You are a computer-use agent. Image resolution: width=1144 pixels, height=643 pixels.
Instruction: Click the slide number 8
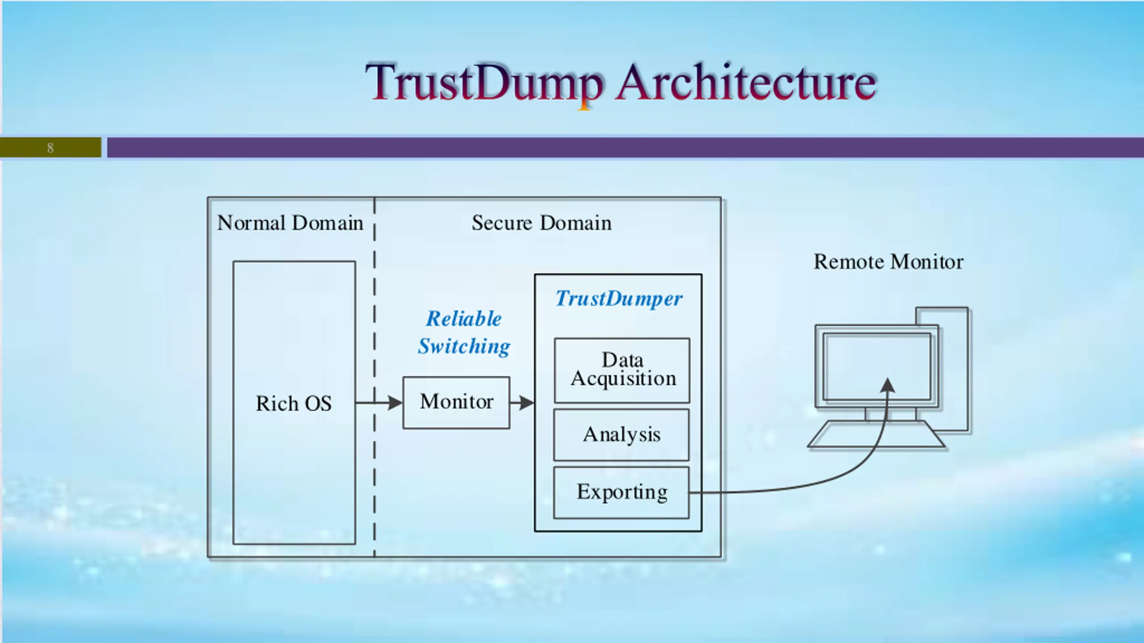click(50, 148)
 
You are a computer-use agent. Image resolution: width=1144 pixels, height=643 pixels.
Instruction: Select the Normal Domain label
click(290, 223)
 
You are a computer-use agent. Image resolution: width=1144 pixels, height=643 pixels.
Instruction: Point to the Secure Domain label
click(542, 223)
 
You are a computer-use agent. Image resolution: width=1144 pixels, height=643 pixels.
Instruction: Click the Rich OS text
click(294, 404)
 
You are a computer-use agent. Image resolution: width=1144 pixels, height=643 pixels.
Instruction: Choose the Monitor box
click(456, 403)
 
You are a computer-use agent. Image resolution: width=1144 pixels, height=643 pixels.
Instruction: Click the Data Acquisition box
click(622, 370)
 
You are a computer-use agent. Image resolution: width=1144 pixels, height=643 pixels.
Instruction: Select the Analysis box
click(622, 435)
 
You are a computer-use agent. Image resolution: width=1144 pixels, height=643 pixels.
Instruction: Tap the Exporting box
click(622, 493)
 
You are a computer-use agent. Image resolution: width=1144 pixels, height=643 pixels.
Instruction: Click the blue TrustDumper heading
click(619, 299)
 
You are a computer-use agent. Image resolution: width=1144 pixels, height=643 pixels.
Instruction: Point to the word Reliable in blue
click(464, 319)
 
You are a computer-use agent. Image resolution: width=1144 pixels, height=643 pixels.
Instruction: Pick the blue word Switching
click(464, 347)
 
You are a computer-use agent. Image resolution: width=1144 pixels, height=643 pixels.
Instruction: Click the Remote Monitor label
click(888, 262)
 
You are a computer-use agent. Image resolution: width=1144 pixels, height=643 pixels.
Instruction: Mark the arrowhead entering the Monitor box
click(395, 403)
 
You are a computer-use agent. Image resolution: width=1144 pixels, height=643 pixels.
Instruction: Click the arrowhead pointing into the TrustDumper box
click(527, 403)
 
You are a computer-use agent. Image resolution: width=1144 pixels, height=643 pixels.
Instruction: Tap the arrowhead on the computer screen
click(888, 385)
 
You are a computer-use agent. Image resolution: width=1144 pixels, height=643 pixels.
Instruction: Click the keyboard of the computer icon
click(876, 434)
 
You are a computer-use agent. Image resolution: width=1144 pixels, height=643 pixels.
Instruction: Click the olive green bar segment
click(50, 148)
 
